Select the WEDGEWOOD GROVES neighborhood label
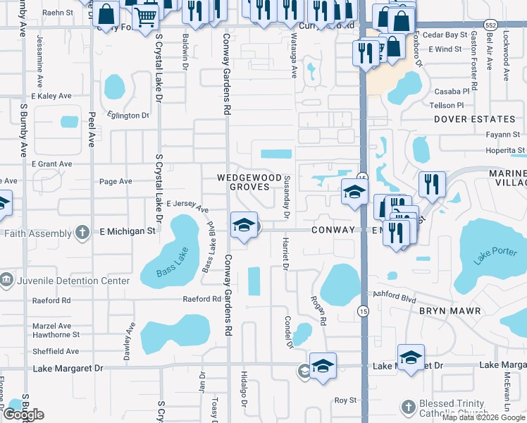pos(249,182)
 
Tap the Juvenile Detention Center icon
pos(6,281)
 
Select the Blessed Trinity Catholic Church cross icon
pos(407,407)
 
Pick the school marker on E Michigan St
pos(244,224)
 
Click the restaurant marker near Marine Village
pos(431,184)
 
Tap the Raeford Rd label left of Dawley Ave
pos(51,300)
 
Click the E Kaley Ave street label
pos(51,96)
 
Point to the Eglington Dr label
pos(128,116)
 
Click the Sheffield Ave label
pos(56,351)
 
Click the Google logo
pos(23,415)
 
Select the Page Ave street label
pos(116,181)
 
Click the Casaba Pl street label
pos(452,92)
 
